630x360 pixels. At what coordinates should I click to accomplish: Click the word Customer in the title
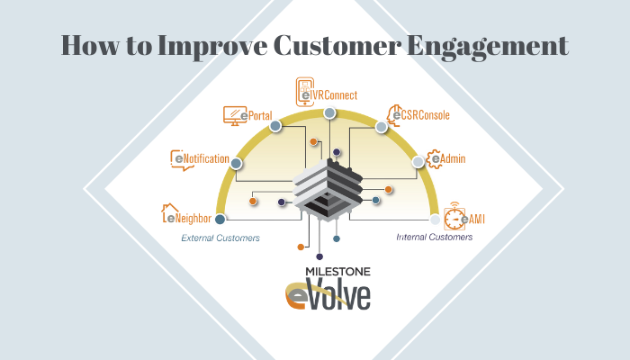(337, 45)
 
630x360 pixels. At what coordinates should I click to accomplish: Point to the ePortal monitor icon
(235, 116)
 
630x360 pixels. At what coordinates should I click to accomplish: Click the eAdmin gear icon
(434, 158)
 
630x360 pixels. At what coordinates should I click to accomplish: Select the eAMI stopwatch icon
(454, 216)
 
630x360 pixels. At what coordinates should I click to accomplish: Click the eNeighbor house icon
(169, 213)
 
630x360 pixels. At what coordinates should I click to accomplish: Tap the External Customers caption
(220, 238)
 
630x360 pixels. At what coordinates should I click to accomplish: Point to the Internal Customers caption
(435, 237)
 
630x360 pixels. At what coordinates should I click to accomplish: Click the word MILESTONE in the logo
(337, 272)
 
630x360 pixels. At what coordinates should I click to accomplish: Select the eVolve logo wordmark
(328, 295)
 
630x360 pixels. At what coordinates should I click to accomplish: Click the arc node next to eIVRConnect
(329, 112)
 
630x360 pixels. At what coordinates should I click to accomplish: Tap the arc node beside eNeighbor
(220, 220)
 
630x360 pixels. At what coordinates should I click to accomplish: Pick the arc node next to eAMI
(435, 220)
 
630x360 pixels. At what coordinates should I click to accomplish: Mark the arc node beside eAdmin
(418, 162)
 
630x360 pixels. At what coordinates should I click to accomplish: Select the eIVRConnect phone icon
(305, 92)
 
